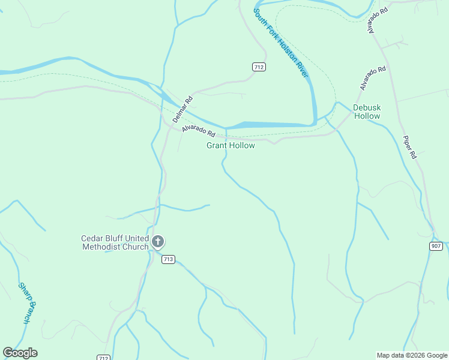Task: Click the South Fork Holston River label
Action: tap(280, 43)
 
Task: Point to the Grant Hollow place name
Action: tap(231, 145)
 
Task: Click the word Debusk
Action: tap(367, 107)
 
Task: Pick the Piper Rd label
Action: tap(409, 146)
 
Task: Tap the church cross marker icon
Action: tap(158, 242)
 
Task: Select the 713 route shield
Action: tap(168, 259)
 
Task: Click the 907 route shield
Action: tap(436, 246)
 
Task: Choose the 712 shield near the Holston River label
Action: tap(259, 67)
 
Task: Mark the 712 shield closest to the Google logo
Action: tap(103, 357)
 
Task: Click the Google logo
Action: tap(20, 353)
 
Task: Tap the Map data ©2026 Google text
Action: tap(412, 355)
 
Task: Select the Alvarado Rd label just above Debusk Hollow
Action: tap(373, 79)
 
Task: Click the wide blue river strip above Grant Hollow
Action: tap(270, 125)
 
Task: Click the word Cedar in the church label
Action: tap(92, 238)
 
